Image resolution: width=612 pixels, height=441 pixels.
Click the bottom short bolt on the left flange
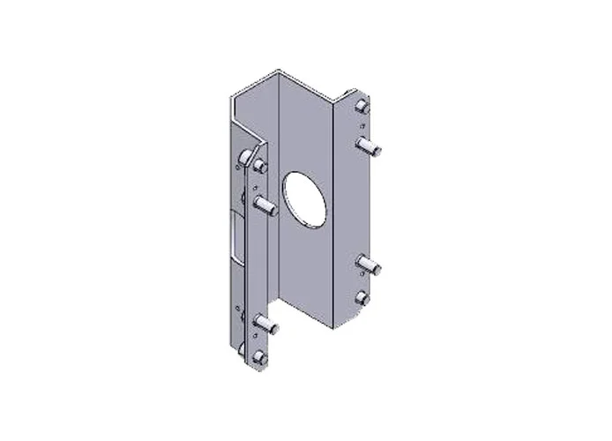257,357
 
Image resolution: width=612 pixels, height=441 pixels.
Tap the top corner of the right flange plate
356,88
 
